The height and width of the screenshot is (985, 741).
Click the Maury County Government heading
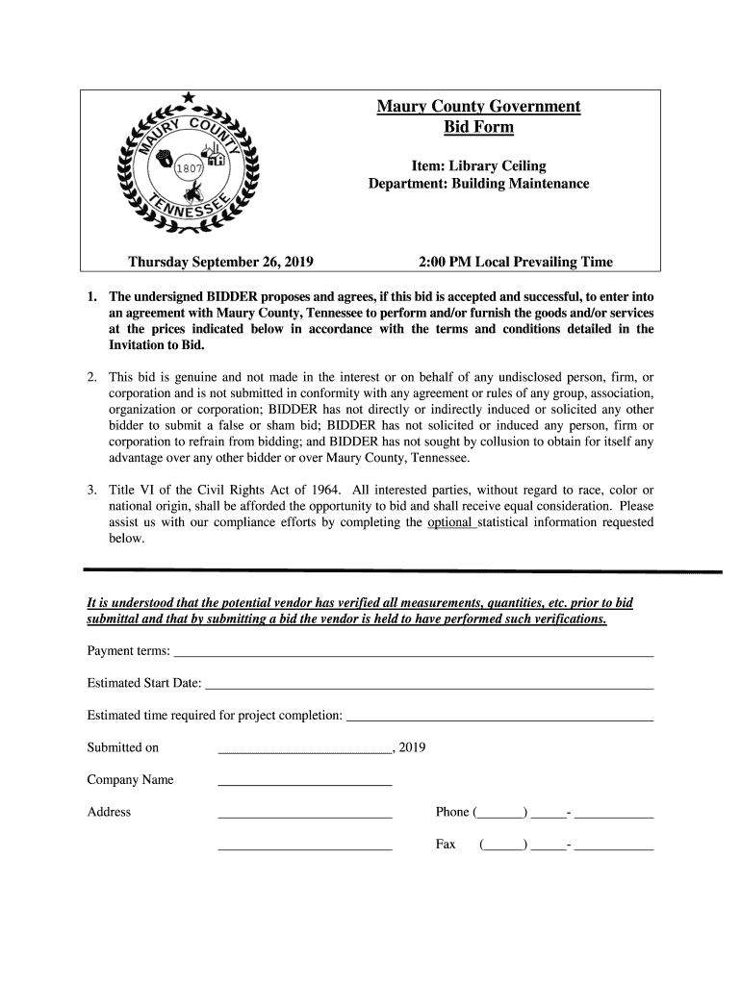point(478,106)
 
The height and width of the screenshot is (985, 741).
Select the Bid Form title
point(478,127)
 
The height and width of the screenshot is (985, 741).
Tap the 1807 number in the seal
point(189,169)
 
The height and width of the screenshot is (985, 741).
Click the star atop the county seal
point(188,97)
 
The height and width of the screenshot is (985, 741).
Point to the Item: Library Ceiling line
point(478,166)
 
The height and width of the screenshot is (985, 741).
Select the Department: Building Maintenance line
point(478,184)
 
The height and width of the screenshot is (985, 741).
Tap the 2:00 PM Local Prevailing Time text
point(516,262)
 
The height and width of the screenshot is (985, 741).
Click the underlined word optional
point(450,522)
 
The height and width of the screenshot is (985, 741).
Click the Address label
point(109,812)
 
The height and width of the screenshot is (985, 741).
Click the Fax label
point(446,845)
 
